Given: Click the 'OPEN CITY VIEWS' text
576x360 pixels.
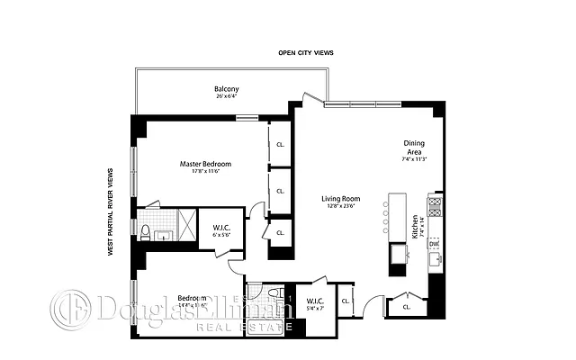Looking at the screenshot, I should click(x=305, y=53).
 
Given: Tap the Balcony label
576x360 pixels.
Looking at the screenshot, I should click(x=226, y=88).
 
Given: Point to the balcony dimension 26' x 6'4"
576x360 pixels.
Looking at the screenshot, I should click(x=226, y=96).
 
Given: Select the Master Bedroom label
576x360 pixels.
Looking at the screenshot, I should click(x=205, y=164).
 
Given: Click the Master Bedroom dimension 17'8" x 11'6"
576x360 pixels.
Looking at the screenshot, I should click(x=205, y=172).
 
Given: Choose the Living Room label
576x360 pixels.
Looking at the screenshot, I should click(x=341, y=198).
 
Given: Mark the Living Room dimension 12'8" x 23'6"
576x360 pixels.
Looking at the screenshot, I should click(x=341, y=206).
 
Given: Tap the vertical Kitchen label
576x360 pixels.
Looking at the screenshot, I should click(x=415, y=225).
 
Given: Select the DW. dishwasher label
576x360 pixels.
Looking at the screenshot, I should click(x=434, y=243).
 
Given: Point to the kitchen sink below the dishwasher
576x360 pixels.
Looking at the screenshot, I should click(x=435, y=262).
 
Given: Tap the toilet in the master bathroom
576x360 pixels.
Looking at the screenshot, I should click(x=144, y=232).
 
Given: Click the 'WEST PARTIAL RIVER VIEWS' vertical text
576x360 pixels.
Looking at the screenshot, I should click(x=111, y=211).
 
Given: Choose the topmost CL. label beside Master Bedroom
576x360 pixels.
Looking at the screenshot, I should click(x=281, y=143).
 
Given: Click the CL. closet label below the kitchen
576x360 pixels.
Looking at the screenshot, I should click(x=408, y=307).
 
